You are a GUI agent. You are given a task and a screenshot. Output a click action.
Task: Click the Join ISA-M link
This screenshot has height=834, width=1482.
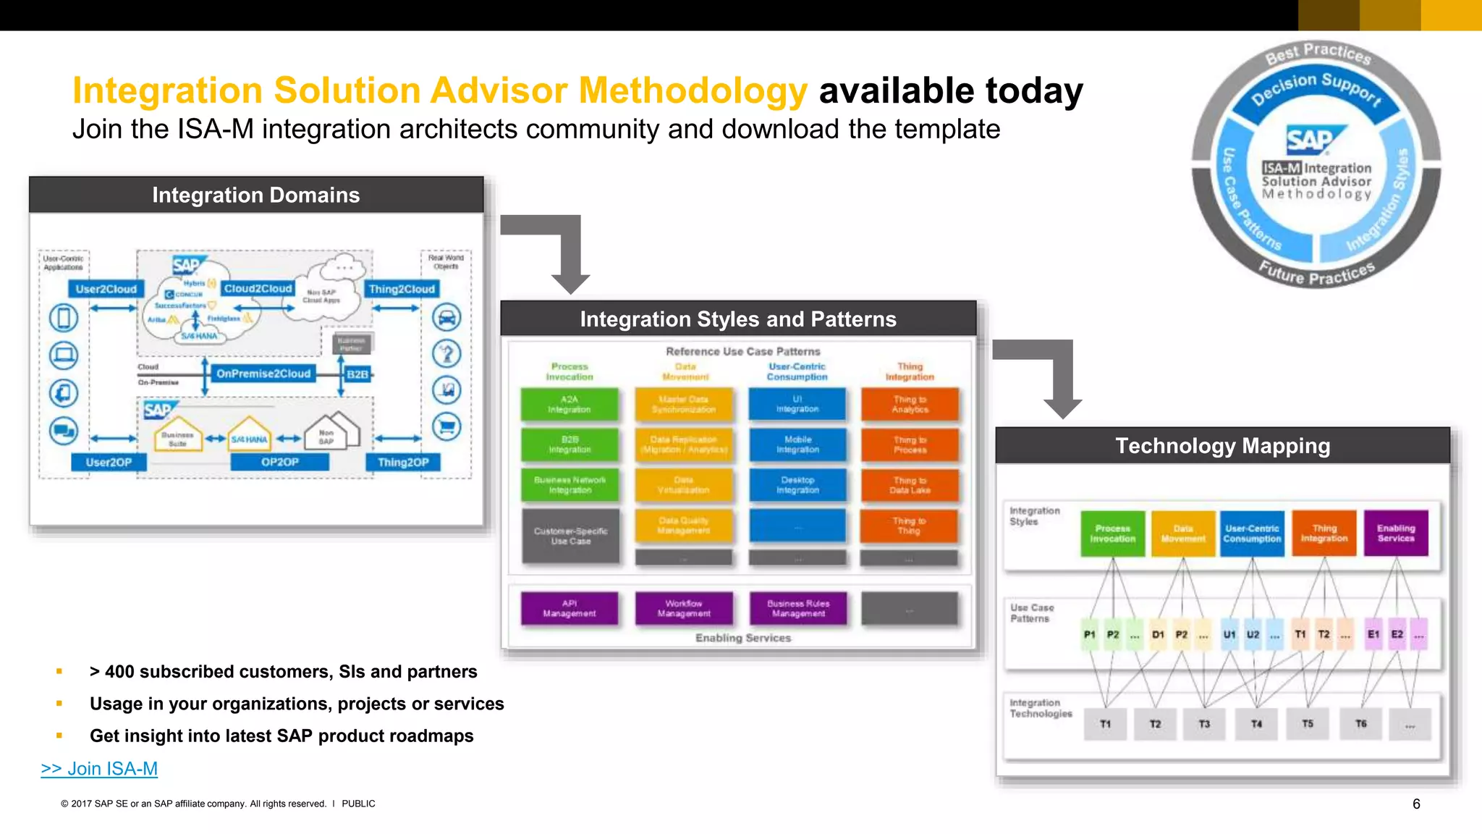[99, 768]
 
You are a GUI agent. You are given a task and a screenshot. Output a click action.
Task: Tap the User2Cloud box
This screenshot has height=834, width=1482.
[106, 289]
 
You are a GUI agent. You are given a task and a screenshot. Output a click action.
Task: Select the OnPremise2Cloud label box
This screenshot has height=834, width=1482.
[263, 374]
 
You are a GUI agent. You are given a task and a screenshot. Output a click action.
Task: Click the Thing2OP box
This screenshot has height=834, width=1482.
[403, 462]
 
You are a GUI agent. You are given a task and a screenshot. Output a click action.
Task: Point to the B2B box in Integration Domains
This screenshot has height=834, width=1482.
[357, 374]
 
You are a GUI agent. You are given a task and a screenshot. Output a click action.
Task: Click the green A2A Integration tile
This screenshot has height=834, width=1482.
[569, 405]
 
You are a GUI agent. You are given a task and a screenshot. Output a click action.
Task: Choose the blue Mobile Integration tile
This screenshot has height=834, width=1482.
[797, 445]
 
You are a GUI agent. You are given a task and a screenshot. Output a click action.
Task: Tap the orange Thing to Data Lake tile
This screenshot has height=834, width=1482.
[910, 485]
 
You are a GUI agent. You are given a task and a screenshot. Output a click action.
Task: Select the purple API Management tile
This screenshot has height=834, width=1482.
[569, 608]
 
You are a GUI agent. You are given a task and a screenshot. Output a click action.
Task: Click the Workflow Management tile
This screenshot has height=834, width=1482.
[684, 608]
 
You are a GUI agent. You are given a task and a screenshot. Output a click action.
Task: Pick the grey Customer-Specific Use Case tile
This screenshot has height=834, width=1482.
[570, 536]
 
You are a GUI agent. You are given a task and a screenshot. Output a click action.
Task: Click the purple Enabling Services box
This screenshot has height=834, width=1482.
[1395, 534]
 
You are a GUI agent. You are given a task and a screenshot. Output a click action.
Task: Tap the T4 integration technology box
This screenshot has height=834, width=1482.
[1256, 724]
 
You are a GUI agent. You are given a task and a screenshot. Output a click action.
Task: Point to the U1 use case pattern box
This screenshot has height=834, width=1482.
[1229, 634]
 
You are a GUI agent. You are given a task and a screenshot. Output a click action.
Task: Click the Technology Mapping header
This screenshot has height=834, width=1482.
[1222, 446]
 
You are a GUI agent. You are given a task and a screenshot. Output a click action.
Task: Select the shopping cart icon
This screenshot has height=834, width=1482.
[446, 426]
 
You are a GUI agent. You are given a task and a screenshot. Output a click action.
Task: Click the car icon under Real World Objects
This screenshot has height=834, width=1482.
[446, 317]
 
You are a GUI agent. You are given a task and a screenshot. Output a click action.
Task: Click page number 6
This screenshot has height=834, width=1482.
[1416, 804]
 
